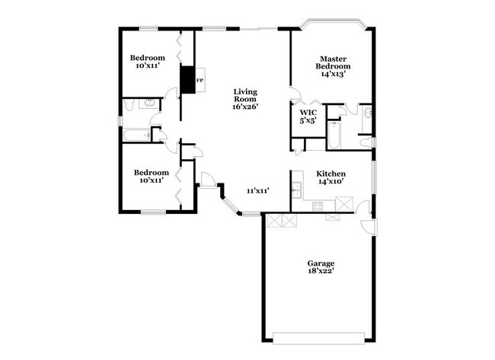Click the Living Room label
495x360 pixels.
[245, 94]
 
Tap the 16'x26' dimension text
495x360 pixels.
[245, 107]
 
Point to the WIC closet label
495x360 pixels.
[308, 113]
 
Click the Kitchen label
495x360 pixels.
[331, 173]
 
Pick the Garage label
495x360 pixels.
[321, 263]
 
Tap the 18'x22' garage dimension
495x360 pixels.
[321, 272]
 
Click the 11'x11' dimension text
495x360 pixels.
[257, 190]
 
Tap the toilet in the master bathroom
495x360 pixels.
[365, 142]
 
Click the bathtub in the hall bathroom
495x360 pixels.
[138, 135]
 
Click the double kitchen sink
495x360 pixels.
[297, 190]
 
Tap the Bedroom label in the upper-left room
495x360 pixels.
[148, 58]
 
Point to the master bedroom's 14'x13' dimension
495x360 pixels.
[333, 75]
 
